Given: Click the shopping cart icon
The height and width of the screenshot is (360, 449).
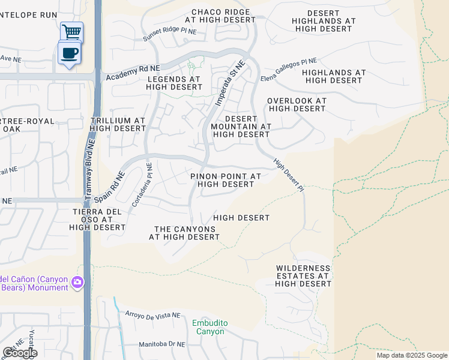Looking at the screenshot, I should pyautogui.click(x=71, y=31).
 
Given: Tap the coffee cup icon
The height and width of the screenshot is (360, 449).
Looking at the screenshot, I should pyautogui.click(x=70, y=53).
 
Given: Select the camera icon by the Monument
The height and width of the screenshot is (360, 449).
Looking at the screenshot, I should pyautogui.click(x=77, y=282).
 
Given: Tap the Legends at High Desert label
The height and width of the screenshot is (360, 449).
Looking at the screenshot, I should pyautogui.click(x=173, y=83).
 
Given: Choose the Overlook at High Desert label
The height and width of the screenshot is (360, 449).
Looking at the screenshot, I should pyautogui.click(x=297, y=105).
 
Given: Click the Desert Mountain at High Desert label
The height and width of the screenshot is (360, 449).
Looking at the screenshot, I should pyautogui.click(x=241, y=127).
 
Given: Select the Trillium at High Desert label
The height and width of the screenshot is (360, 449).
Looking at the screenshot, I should pyautogui.click(x=117, y=124).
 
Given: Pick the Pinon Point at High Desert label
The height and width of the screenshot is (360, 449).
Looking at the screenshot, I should pyautogui.click(x=226, y=180).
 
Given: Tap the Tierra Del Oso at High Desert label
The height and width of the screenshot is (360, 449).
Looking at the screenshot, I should pyautogui.click(x=97, y=219).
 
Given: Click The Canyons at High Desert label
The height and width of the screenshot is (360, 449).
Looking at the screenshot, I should pyautogui.click(x=184, y=233).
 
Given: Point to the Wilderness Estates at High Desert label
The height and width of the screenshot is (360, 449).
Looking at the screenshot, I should pyautogui.click(x=303, y=275).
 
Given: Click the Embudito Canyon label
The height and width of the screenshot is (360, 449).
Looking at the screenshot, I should pyautogui.click(x=210, y=327).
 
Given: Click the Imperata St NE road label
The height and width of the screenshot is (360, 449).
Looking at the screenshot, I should pyautogui.click(x=231, y=83).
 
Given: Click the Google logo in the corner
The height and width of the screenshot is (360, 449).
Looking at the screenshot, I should pyautogui.click(x=20, y=353).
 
